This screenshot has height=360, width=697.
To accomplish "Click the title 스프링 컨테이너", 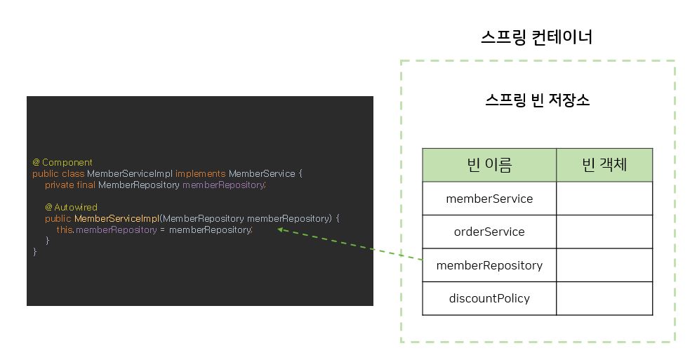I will tap(537, 36).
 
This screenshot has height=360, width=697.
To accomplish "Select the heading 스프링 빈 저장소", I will tap(537, 100).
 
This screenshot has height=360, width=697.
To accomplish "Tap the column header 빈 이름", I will tap(489, 165).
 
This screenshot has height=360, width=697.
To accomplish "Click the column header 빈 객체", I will tap(604, 165).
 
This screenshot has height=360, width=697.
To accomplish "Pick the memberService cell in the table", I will tap(489, 199).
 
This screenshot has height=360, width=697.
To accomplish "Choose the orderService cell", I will tap(489, 232).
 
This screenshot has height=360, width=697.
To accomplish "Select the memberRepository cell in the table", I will tap(489, 265).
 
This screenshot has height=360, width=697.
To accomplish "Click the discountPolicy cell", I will tap(489, 298).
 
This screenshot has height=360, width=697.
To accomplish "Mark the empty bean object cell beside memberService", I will tap(604, 199).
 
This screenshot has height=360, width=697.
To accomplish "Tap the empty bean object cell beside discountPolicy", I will tap(604, 298).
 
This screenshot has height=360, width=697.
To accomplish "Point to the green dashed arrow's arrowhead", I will tap(281, 229).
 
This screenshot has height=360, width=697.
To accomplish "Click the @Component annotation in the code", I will tap(62, 162).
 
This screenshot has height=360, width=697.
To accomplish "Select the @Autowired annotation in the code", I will tap(71, 207).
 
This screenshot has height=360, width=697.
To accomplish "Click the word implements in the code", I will tap(200, 173).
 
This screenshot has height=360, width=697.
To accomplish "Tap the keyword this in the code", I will tap(65, 230).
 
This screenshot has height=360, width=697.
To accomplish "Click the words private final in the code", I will tap(70, 185).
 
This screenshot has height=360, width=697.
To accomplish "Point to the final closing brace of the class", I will tap(34, 251).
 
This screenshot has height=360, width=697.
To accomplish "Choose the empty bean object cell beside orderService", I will tap(604, 232).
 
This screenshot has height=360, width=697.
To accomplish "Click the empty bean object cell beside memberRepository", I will tap(604, 265).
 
